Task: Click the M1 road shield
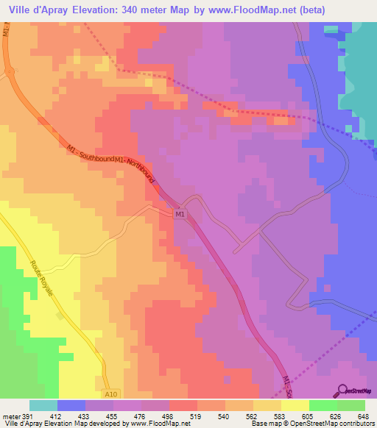point(180,214)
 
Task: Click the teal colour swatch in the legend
point(43,405)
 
